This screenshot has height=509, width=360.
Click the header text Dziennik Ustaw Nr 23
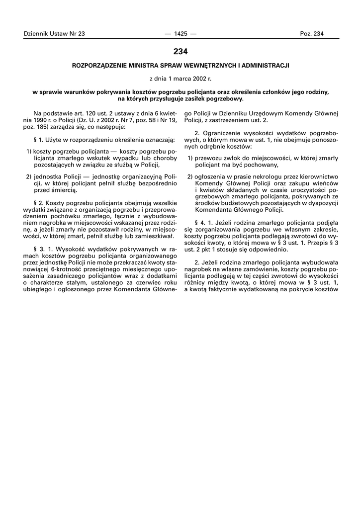point(54,33)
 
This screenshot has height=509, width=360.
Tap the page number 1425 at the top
point(180,33)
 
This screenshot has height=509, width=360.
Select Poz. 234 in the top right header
point(311,33)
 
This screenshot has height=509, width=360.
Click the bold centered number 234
point(180,51)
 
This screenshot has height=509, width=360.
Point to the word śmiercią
point(63,190)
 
